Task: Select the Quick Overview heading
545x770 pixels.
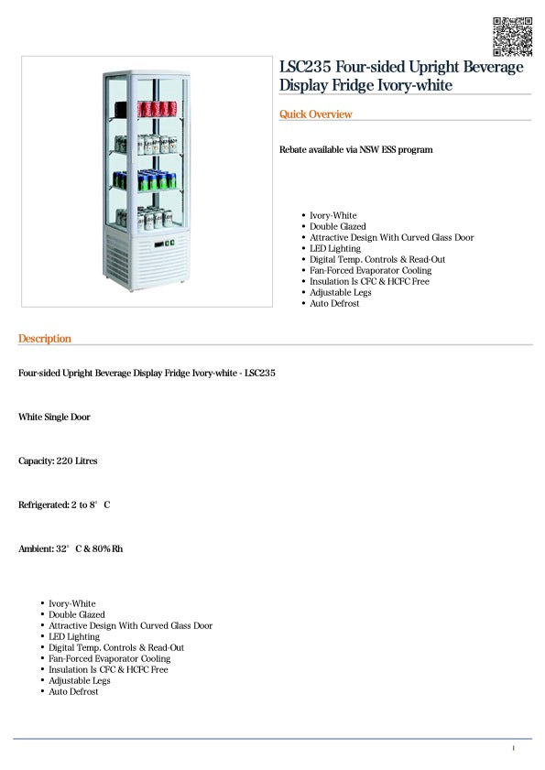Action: tap(315, 114)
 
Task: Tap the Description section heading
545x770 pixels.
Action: tap(44, 339)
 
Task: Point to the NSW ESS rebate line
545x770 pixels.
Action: tap(355, 149)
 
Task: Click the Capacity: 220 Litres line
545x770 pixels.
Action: tap(58, 461)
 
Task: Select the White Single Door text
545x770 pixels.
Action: tap(54, 417)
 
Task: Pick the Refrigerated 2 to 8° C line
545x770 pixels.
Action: tap(64, 504)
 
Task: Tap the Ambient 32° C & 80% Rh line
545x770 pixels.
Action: tap(71, 548)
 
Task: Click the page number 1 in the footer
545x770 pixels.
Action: tap(513, 749)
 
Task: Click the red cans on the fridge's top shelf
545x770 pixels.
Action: tap(155, 110)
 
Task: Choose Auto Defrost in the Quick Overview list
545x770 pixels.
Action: tap(334, 303)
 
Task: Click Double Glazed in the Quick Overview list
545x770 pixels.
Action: tap(337, 226)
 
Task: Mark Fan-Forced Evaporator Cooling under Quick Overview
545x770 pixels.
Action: tap(370, 270)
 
